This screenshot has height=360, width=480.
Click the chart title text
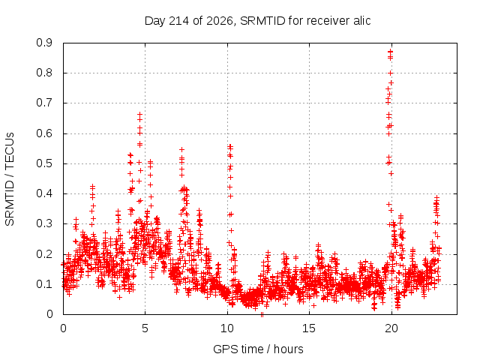point(257,21)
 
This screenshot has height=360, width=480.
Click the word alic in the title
point(362,20)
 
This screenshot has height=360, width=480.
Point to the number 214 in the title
point(179,20)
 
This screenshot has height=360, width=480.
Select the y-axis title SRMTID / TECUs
point(10,179)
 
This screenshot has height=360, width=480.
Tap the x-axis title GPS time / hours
point(258,349)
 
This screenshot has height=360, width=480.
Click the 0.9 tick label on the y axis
point(44,43)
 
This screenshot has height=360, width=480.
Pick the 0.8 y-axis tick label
point(44,73)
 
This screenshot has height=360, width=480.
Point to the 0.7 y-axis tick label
point(44,103)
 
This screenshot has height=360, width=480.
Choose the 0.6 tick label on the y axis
point(44,133)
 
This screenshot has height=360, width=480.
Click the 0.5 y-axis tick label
point(44,163)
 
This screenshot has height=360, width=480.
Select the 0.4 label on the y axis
point(44,193)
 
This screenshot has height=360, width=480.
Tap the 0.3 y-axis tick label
point(44,223)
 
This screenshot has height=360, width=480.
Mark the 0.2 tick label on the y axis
point(44,253)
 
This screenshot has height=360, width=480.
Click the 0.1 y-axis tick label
point(44,284)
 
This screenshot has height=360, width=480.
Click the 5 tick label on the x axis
point(145,328)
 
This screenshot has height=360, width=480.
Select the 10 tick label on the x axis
point(227,328)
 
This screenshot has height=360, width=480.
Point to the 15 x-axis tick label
point(309,328)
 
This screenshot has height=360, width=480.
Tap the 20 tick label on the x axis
point(391,328)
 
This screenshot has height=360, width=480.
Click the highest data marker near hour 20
point(390,52)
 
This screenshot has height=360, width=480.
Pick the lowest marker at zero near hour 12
point(262,314)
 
